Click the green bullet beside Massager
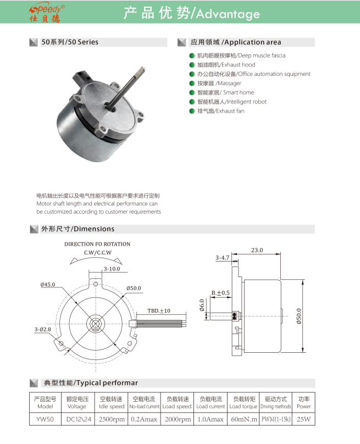click(192, 84)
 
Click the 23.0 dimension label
click(257, 250)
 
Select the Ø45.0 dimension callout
click(49, 285)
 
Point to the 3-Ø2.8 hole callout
click(42, 329)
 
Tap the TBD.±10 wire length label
click(158, 310)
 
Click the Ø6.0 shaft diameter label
click(202, 304)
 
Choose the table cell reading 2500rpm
click(111, 420)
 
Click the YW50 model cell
click(44, 420)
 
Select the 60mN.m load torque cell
click(243, 420)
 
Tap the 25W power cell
click(303, 420)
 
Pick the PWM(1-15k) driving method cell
click(275, 420)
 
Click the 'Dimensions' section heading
click(77, 229)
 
